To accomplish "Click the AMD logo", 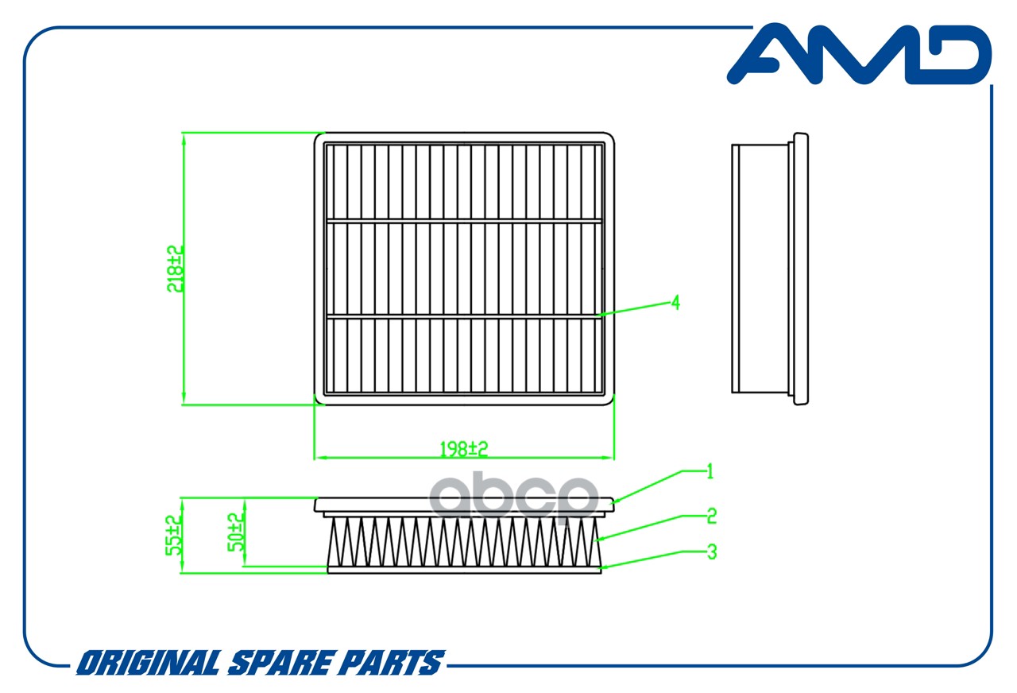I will click(858, 54).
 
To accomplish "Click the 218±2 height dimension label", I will click(176, 269).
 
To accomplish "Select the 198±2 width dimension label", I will click(463, 449).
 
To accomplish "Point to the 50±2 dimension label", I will click(235, 532).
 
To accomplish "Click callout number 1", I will click(710, 472).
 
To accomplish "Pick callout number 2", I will click(711, 516).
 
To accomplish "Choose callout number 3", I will click(711, 551).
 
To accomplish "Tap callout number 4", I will click(675, 303).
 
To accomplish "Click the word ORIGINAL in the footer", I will click(148, 663).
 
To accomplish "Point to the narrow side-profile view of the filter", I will click(769, 269).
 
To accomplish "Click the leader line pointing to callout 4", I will click(636, 309).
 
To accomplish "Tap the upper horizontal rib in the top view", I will click(464, 220).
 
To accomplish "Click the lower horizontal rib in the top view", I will click(464, 316).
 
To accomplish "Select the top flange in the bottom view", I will click(464, 505).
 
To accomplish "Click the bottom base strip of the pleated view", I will click(464, 569).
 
